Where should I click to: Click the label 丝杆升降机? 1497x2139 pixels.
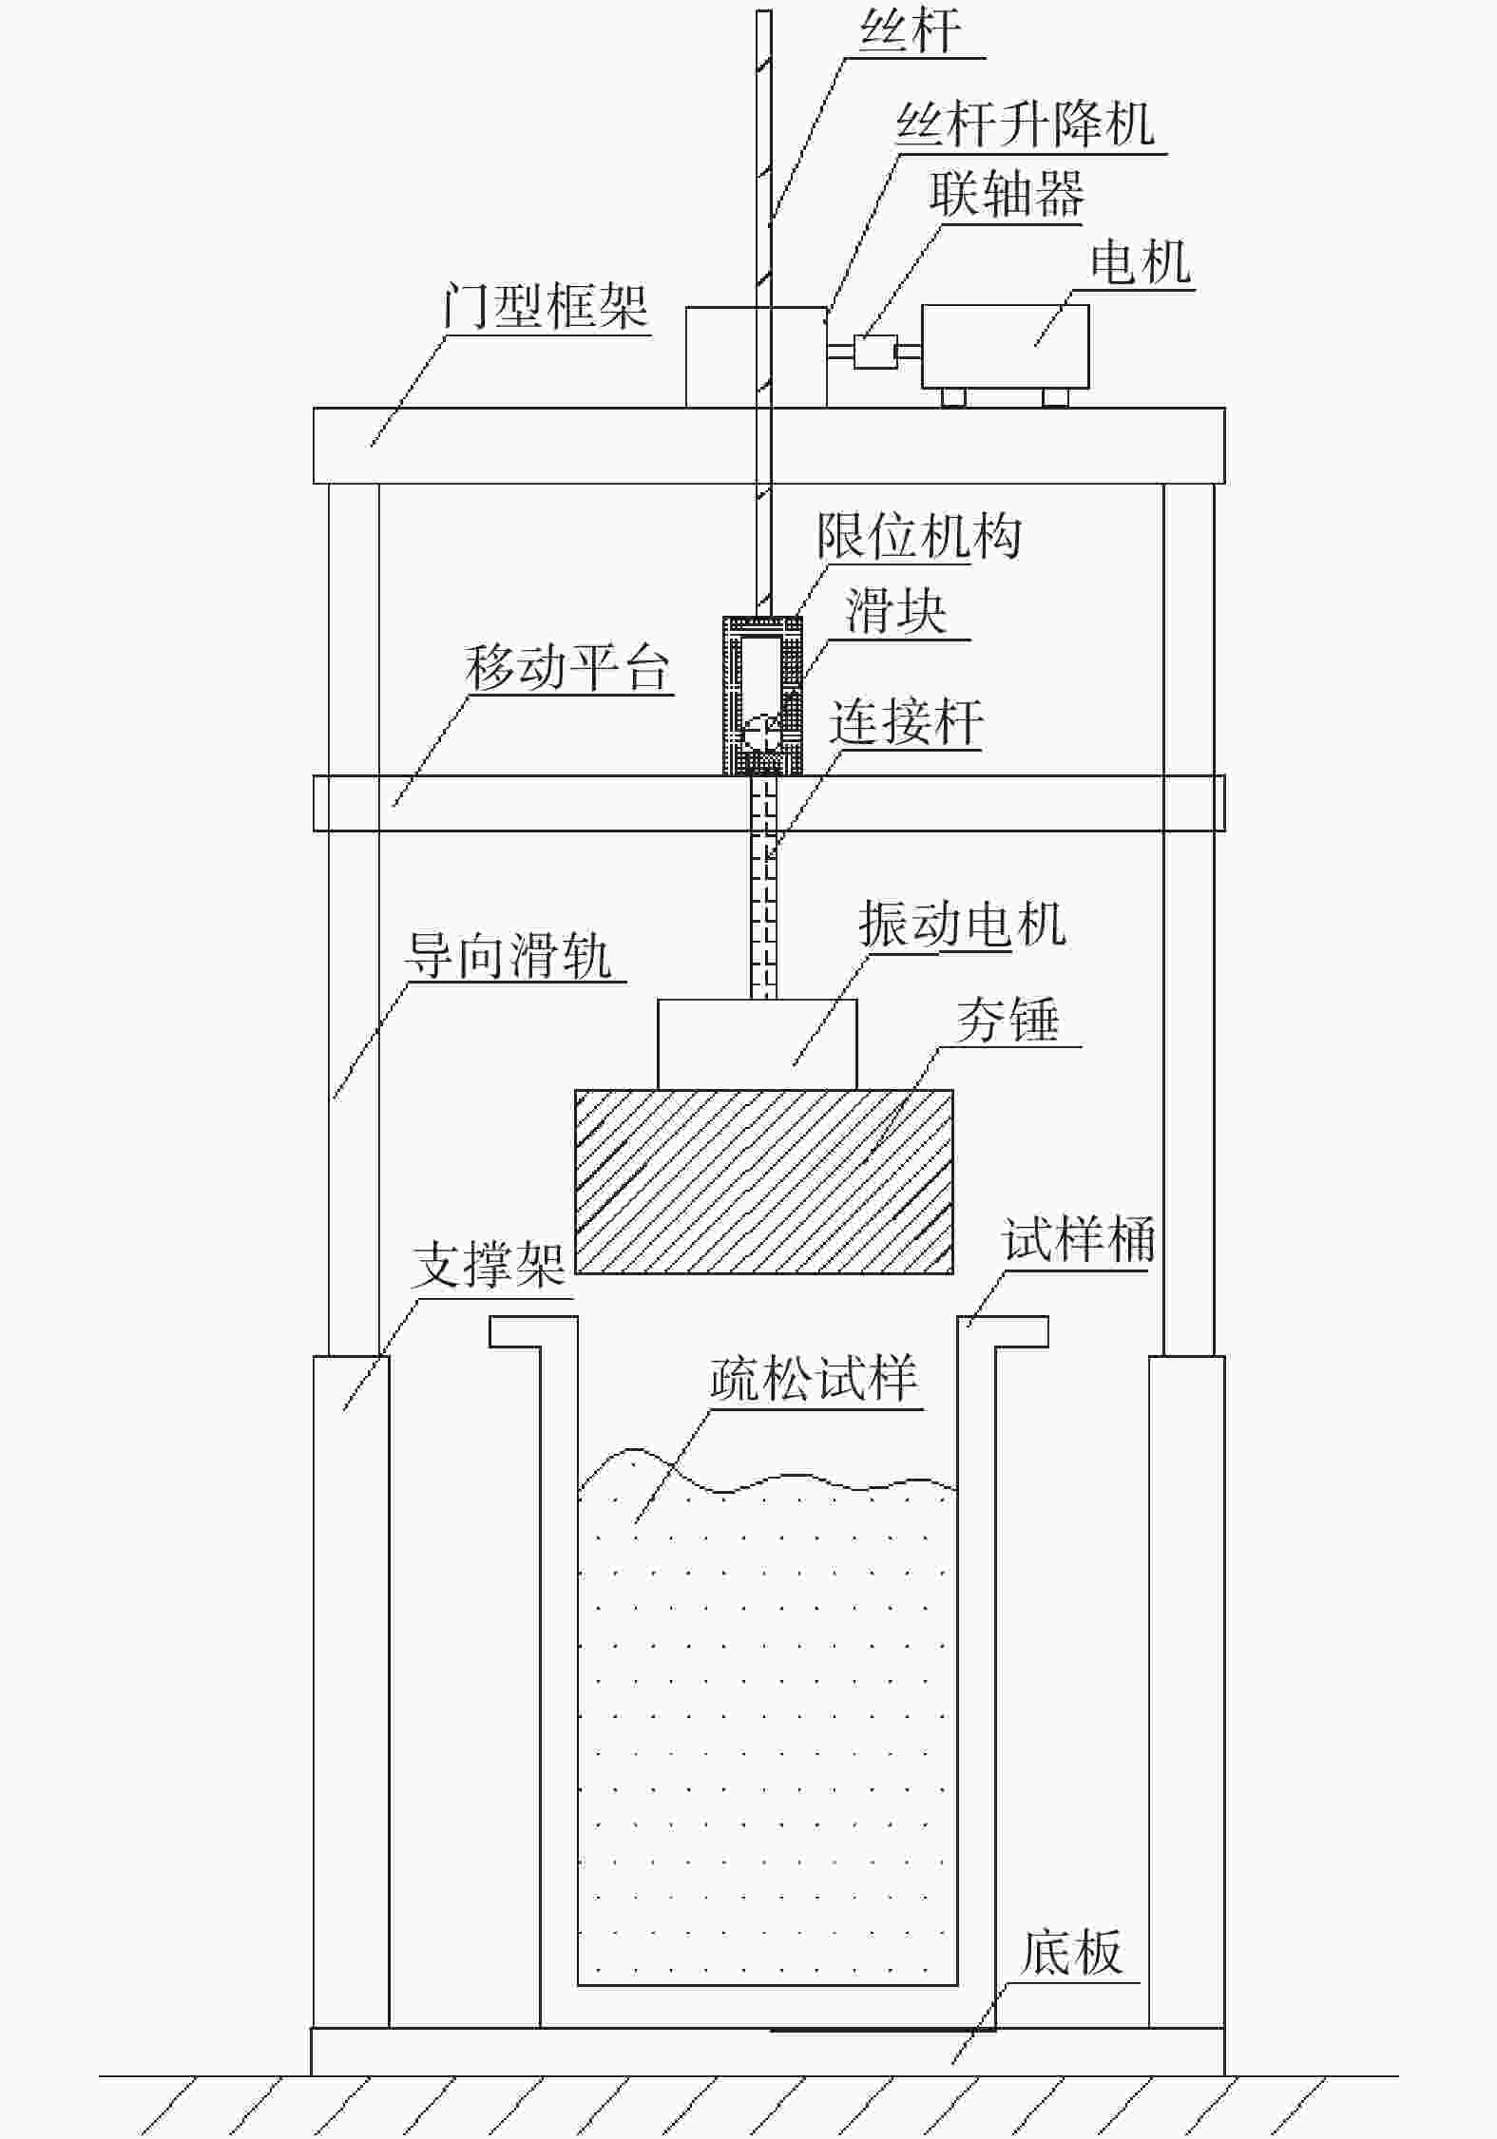tap(1026, 124)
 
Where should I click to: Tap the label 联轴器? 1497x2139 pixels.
tap(1007, 195)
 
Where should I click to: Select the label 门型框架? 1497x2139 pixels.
tap(546, 306)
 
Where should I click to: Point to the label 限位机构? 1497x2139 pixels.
tap(919, 537)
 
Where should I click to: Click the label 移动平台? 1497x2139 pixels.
tap(567, 668)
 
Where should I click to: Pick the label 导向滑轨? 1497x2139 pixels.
tap(509, 955)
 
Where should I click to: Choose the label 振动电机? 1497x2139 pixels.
tap(961, 924)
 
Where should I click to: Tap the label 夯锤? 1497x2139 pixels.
tap(1008, 1021)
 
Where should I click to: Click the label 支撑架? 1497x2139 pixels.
tap(489, 1266)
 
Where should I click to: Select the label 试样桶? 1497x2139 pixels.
tap(1078, 1240)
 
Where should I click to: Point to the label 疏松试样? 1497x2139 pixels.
tap(814, 1379)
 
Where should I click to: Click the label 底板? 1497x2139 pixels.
tap(1070, 1951)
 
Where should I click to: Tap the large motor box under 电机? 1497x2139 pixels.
tap(1005, 346)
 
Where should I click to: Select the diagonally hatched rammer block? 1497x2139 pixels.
tap(763, 1181)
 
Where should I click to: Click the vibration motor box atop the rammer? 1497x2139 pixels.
tap(757, 1043)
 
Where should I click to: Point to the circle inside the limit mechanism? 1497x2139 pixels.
tap(761, 732)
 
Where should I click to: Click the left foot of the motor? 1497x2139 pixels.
tap(953, 397)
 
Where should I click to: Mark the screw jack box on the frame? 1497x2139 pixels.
tap(756, 356)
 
